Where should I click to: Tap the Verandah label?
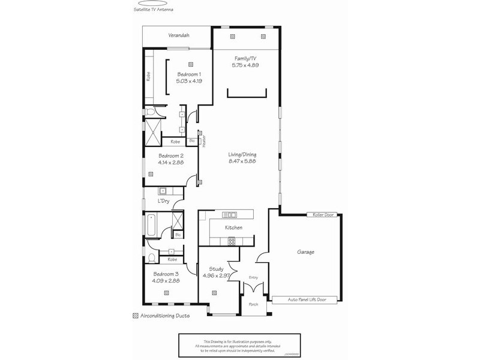coord(178,36)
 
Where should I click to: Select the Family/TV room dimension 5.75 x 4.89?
coord(245,65)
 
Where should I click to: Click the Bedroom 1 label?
coord(188,73)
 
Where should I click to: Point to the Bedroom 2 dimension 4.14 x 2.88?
coord(170,162)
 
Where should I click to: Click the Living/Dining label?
coord(242,154)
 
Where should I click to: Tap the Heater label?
coord(203,140)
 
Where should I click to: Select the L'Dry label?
coord(163,201)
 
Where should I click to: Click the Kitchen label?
coord(233,228)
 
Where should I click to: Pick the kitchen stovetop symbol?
coord(232,241)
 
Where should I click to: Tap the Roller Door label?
coord(322,214)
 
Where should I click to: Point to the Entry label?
coord(253,277)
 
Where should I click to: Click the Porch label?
coord(253,304)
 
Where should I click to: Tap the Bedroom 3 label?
coord(164,274)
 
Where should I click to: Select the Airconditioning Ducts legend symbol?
coord(135,316)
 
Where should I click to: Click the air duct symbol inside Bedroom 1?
coord(190,64)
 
